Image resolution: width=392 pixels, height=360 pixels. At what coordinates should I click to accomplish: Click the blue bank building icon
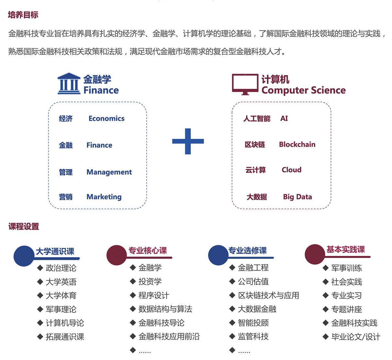tap(69, 84)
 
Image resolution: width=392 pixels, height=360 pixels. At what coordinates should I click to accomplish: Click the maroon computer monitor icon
tap(245, 85)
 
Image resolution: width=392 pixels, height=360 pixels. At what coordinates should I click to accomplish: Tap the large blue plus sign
tap(188, 141)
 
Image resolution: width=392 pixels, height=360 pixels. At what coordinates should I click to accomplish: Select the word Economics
tap(106, 118)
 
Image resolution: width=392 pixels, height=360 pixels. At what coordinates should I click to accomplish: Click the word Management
tap(109, 172)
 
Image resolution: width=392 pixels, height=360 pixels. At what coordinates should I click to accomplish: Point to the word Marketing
tap(104, 197)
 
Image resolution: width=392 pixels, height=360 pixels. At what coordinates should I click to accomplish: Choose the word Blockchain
tap(297, 144)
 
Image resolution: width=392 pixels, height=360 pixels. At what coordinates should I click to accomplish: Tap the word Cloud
tap(291, 170)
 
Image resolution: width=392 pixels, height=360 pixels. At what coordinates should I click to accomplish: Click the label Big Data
tap(297, 197)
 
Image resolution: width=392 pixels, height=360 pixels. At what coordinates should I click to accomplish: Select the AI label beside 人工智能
tap(284, 118)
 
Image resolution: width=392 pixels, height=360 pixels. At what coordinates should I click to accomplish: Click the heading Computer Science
tap(303, 90)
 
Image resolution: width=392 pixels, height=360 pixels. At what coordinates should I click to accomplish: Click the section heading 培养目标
tap(23, 15)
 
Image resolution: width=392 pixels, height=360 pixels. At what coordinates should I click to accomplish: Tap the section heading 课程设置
tap(24, 227)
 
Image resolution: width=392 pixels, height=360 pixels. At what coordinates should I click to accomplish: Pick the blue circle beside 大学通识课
tap(24, 256)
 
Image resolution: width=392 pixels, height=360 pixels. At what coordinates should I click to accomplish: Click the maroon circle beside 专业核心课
tap(117, 255)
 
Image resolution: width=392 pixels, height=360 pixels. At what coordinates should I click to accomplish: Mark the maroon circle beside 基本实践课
tap(315, 254)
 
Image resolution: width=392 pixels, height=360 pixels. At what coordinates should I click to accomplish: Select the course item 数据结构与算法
tap(165, 309)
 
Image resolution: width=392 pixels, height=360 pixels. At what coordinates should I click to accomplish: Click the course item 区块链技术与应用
tap(269, 295)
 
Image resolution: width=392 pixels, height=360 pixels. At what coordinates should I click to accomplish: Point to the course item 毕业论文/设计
tap(356, 337)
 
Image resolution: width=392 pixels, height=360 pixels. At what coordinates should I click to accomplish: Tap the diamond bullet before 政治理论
tap(40, 268)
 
